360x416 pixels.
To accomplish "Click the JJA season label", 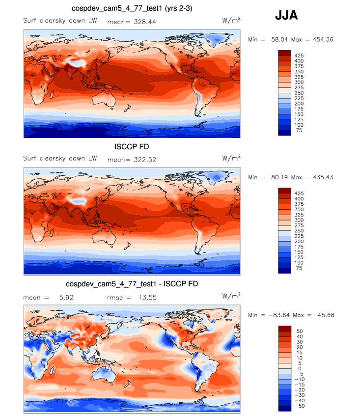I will point(286,15).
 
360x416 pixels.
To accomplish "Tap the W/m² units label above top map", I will point(231,21).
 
